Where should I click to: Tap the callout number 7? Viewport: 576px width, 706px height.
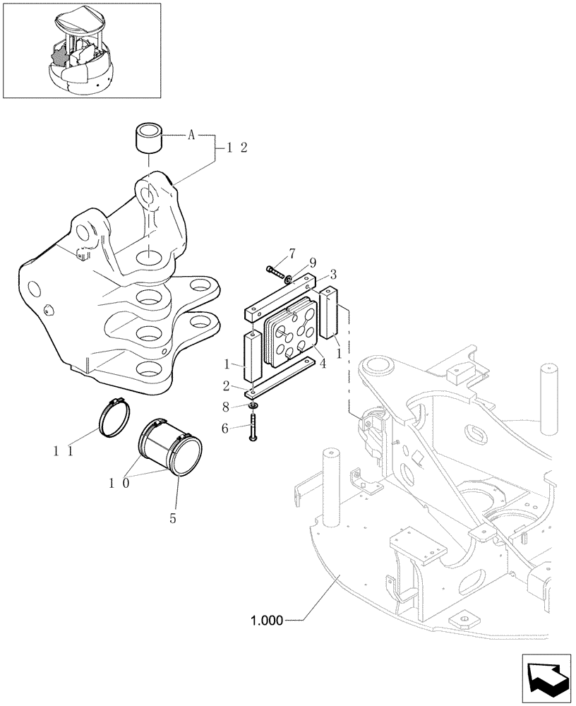click(291, 253)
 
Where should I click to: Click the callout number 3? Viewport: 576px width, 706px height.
click(332, 273)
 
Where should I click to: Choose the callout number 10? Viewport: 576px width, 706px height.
click(117, 482)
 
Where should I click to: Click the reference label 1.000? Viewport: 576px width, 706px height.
click(265, 621)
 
